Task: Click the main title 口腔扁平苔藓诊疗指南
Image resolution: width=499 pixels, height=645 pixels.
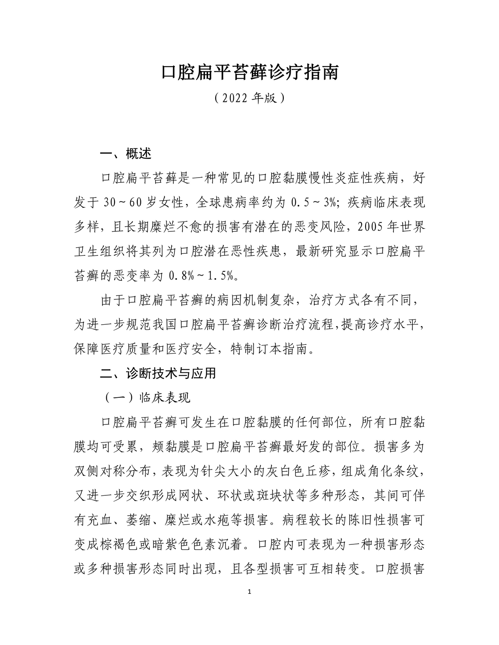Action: click(249, 72)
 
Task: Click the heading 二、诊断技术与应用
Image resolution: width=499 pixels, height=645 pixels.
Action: click(158, 373)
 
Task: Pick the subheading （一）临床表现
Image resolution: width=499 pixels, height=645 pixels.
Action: click(147, 398)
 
